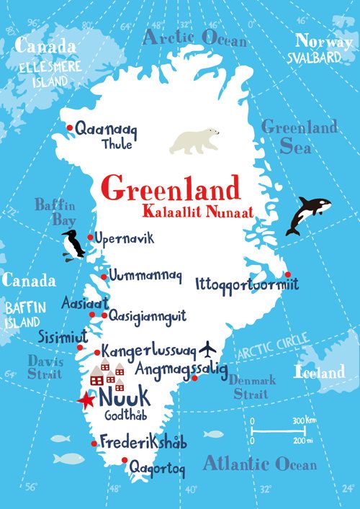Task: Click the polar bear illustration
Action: [194, 140]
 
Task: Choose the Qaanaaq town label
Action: [106, 130]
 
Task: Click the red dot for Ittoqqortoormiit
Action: [287, 274]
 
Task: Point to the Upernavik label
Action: [125, 238]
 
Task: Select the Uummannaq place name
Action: [146, 276]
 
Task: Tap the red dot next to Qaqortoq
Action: [125, 461]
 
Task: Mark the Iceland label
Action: [320, 373]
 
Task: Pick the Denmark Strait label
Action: [253, 387]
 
